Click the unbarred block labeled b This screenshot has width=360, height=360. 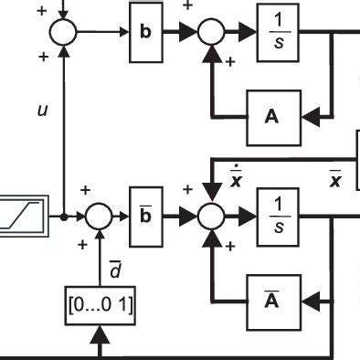click(x=144, y=32)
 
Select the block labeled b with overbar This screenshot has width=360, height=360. click(x=144, y=216)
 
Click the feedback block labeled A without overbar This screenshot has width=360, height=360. click(x=270, y=115)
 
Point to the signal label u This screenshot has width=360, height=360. click(x=41, y=110)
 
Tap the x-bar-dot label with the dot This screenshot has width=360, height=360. click(x=236, y=176)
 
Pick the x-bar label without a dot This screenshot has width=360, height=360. click(x=334, y=177)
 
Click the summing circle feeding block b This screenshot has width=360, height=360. click(x=63, y=32)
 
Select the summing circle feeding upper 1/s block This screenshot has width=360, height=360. click(x=212, y=32)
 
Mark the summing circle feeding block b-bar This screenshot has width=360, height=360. click(x=99, y=217)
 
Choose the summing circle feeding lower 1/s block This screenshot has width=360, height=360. click(x=212, y=217)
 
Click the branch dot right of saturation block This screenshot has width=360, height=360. click(x=63, y=217)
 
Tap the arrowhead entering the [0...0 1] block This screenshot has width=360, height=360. click(x=100, y=335)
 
